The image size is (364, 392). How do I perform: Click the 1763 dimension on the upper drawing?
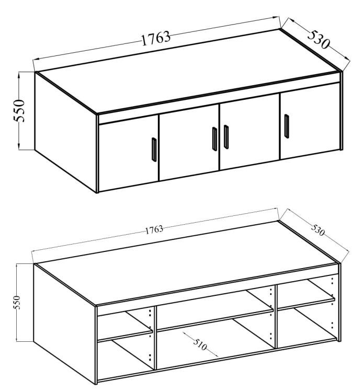coord(156,38)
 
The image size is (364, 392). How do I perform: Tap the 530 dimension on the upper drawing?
coord(318,40)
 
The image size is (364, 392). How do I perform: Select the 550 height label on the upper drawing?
coord(19,111)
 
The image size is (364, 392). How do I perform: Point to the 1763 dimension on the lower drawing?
coord(154,229)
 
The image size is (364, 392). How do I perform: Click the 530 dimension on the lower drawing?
coord(318,230)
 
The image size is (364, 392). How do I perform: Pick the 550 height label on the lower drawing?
coord(17,302)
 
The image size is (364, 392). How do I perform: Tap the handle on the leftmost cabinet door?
coord(154,149)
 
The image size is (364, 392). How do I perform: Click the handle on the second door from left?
coord(214,139)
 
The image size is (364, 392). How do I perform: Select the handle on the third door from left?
coord(226,137)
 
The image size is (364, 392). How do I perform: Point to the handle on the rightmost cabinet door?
coord(287,126)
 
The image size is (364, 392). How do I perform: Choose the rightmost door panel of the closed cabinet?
coord(310,121)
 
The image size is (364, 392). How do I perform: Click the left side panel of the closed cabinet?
coord(65,132)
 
